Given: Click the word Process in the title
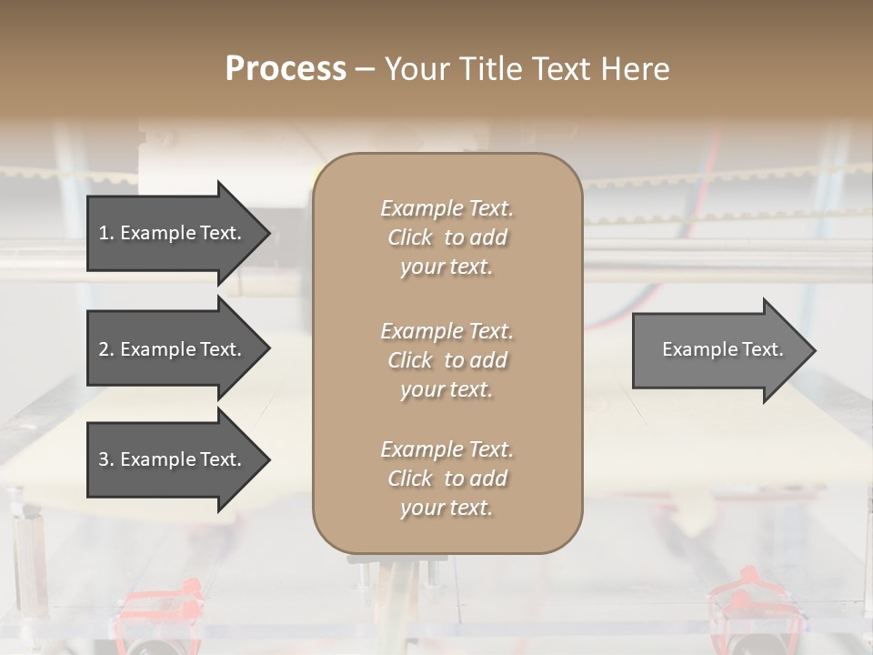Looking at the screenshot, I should click(x=286, y=69).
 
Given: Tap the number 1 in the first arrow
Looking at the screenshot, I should click(x=104, y=233).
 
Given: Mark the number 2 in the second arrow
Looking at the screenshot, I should click(x=104, y=349).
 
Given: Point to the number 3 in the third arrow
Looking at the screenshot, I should click(x=104, y=459).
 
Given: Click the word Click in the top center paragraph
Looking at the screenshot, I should click(x=410, y=237).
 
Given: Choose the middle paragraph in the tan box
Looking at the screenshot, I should click(x=447, y=360).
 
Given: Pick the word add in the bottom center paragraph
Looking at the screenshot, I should click(x=488, y=479).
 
